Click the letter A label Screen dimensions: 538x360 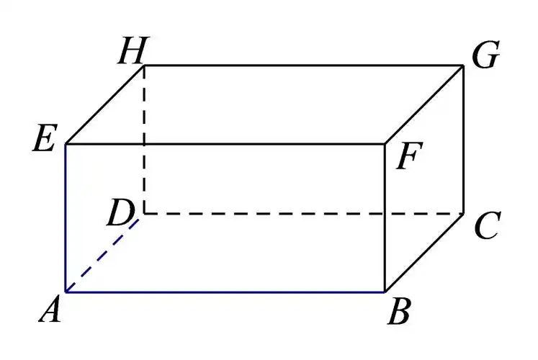50,310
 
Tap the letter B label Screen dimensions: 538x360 399,311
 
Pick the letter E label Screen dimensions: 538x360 44,138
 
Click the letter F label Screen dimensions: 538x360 409,156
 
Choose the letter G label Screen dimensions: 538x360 485,55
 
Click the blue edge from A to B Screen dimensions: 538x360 225,292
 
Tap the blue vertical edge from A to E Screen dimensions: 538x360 66,218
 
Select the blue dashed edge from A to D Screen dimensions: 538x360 102,256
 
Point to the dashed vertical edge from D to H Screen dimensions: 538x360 145,139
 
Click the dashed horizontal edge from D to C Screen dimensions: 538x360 304,214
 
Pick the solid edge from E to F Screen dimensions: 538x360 225,144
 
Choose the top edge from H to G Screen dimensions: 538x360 304,65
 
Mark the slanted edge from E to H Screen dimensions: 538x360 104,104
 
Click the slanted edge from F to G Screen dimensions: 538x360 424,104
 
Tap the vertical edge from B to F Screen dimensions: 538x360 385,218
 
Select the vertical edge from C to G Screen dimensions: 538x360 464,139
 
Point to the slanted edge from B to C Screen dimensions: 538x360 424,253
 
